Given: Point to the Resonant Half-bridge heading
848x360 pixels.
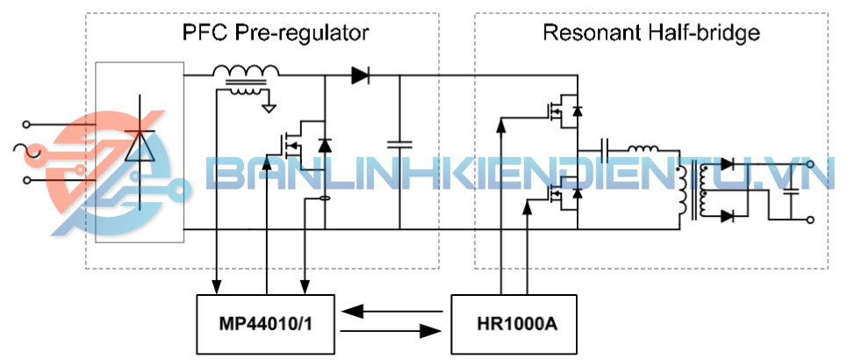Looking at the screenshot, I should click(x=650, y=33).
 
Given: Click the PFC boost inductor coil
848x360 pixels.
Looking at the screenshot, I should click(x=246, y=73).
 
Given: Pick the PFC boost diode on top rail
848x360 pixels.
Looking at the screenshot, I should click(x=359, y=76).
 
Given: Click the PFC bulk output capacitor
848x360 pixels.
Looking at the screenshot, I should click(x=400, y=144).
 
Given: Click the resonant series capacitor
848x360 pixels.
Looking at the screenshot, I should click(x=606, y=148).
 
